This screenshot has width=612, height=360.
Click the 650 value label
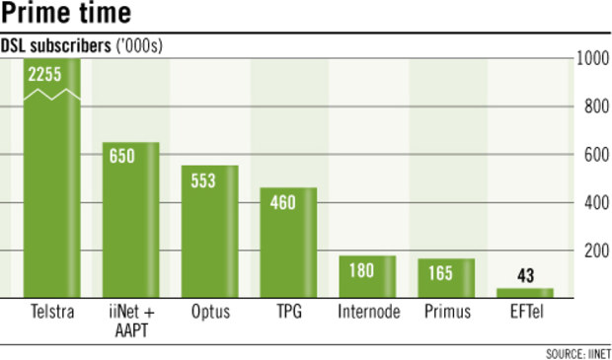point(130,156)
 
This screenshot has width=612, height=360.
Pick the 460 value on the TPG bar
point(288,202)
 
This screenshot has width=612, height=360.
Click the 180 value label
point(367,269)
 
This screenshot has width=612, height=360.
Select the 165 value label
point(446,273)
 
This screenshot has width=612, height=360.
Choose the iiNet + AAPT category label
point(130,322)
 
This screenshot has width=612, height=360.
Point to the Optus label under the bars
point(209,313)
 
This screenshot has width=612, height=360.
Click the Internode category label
point(367,313)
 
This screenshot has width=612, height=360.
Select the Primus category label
point(446,313)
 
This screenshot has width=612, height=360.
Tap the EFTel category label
point(525,313)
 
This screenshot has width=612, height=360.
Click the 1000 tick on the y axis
point(591,59)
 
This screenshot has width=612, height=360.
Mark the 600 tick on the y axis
point(593,155)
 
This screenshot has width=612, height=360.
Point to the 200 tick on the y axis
point(593,251)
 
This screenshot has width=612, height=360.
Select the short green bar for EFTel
point(525,292)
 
